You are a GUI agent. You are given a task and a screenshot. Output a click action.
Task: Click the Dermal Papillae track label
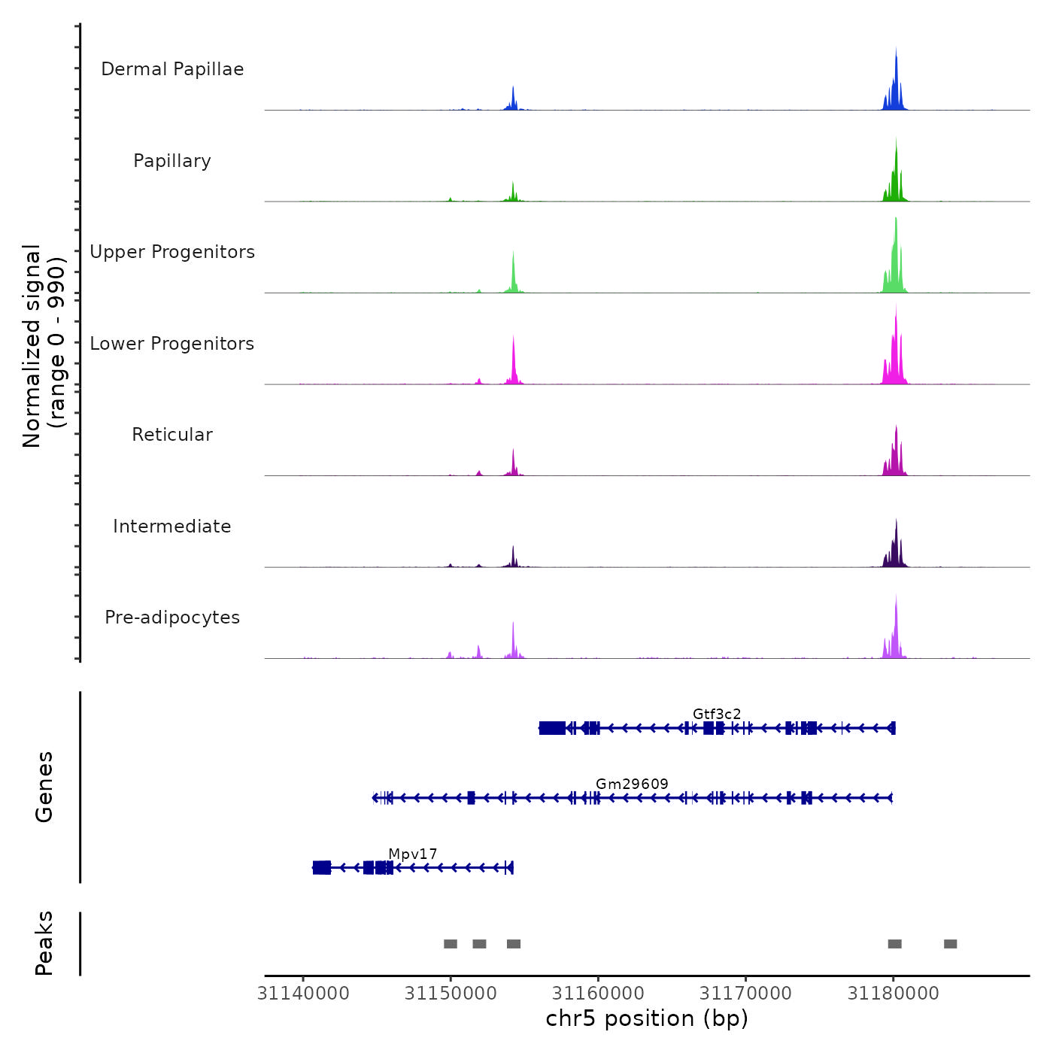[172, 69]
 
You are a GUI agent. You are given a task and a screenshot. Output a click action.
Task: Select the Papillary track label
[172, 161]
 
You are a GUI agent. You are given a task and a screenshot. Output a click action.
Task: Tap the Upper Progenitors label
[172, 252]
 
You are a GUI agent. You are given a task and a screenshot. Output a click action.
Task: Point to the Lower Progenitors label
[172, 344]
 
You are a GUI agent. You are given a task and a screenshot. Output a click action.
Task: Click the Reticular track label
[172, 435]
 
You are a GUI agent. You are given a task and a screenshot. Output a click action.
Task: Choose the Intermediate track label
[172, 526]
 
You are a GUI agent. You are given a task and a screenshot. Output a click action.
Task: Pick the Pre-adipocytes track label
[172, 618]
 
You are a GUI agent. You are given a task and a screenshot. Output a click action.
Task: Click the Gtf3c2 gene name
[717, 714]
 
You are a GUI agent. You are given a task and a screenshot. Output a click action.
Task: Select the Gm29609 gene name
[632, 784]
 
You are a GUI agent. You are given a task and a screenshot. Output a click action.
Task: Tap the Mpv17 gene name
[412, 854]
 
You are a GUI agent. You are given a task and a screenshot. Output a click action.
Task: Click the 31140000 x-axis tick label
[303, 994]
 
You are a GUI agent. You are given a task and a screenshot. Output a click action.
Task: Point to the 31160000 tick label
[599, 994]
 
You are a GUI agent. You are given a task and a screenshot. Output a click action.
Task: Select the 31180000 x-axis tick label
[894, 994]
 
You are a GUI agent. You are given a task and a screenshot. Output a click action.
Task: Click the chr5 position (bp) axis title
[647, 1018]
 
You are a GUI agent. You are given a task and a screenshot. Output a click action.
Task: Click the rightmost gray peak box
[951, 944]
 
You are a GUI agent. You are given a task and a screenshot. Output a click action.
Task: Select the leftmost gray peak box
[451, 944]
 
